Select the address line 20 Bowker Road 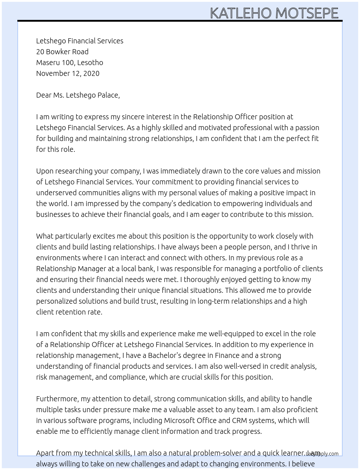pyautogui.click(x=62, y=52)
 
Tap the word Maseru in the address pyautogui.click(x=48, y=63)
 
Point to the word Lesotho pyautogui.click(x=90, y=63)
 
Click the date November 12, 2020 pyautogui.click(x=68, y=73)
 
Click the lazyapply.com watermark pyautogui.click(x=322, y=454)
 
